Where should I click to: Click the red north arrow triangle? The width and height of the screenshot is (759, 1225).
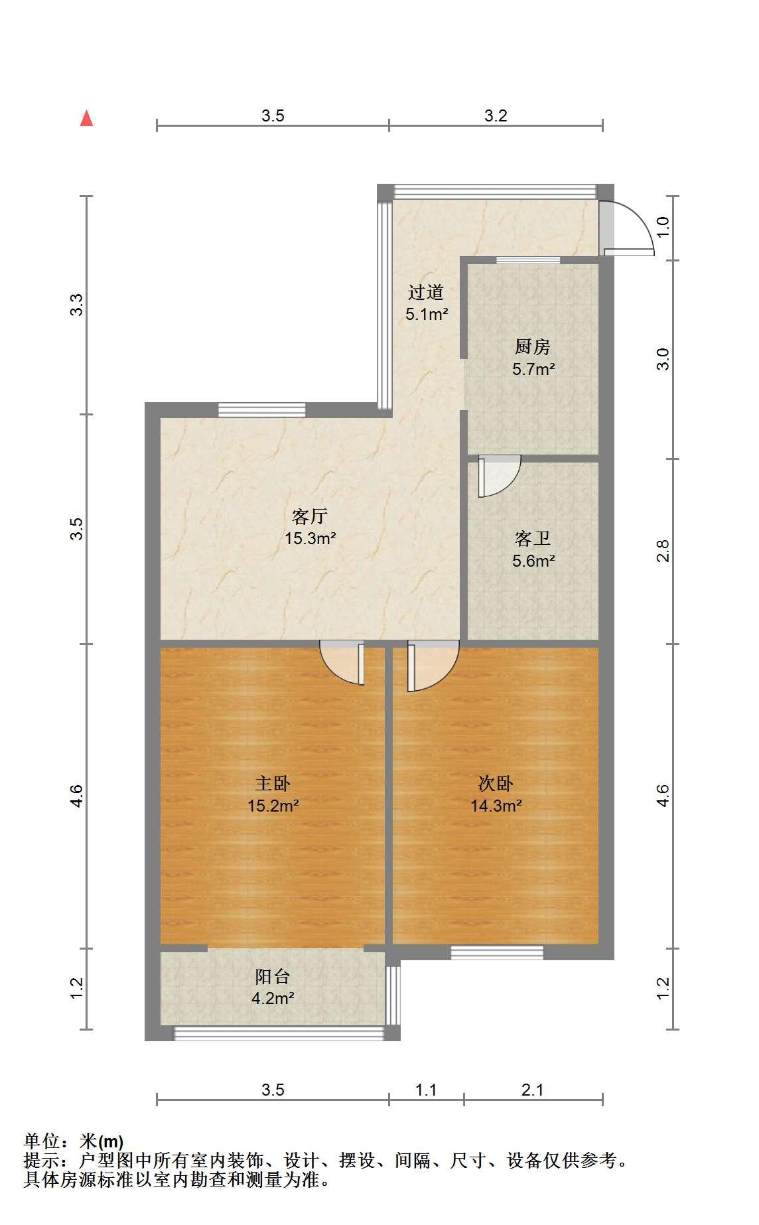pos(86,118)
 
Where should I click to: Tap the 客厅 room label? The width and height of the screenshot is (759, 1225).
pos(310,516)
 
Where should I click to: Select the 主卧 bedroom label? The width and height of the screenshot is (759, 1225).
pos(273,784)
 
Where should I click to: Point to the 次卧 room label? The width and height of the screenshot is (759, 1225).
pos(496,784)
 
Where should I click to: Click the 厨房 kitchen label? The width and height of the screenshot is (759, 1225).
pos(533,346)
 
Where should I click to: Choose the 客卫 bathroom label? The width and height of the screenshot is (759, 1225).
pos(533,538)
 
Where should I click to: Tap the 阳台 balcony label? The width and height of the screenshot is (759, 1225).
pos(273,976)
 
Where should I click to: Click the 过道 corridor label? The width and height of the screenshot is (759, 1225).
pos(426,291)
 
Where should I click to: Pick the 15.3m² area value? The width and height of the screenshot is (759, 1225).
pos(310,538)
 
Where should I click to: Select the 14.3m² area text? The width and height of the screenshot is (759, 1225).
pos(496,806)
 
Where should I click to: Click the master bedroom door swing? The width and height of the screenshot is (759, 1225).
pos(342,662)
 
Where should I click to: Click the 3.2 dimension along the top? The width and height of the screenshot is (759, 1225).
pos(496,116)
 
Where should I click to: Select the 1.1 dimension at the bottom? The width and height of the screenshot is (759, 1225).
pos(426,1090)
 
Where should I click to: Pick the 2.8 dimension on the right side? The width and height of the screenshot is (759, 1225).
pos(663,551)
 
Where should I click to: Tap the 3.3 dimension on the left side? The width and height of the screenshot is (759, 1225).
pos(78,305)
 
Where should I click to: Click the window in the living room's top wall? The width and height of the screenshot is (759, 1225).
pos(262,409)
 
